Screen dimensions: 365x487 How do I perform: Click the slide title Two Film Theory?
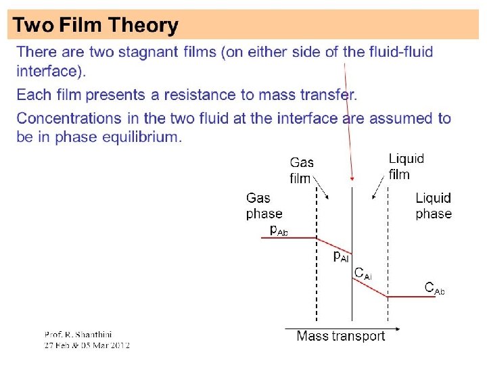click(x=96, y=26)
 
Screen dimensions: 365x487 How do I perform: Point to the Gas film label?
click(x=302, y=170)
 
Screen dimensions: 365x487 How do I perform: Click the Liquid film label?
click(x=406, y=166)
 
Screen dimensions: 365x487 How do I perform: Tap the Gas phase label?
click(x=263, y=205)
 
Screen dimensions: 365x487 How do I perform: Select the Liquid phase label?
click(x=434, y=205)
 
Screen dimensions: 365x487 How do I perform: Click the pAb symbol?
click(x=279, y=230)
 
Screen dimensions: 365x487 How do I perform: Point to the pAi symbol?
click(x=341, y=256)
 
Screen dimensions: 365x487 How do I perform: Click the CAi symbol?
click(x=363, y=274)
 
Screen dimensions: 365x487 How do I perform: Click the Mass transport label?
click(x=340, y=336)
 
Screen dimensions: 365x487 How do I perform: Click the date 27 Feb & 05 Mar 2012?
click(x=87, y=345)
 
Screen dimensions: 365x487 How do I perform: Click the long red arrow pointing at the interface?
click(x=348, y=122)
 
